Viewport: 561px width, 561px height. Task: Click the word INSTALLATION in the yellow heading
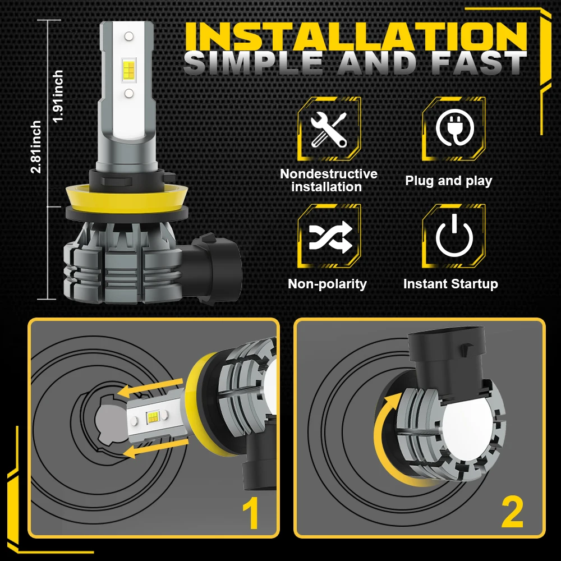[356, 37]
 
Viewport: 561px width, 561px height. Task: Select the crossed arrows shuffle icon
[329, 236]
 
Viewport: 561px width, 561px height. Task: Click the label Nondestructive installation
[329, 181]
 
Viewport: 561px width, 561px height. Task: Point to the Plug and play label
[448, 181]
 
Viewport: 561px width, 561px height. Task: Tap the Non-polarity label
[327, 284]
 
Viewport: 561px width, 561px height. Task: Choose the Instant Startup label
[450, 284]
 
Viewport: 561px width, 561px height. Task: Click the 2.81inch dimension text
[36, 146]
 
